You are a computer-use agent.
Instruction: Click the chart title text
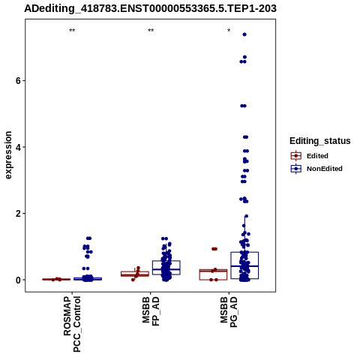point(150,8)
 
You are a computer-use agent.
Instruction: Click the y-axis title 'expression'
point(8,155)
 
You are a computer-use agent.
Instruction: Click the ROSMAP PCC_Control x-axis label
point(72,324)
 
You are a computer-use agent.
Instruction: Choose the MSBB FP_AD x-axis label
point(151,311)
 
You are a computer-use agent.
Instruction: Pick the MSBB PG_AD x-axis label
point(229,312)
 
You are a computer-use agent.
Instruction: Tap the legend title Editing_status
point(319,141)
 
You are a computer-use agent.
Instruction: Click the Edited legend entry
point(310,156)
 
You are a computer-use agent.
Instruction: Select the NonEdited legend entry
point(316,169)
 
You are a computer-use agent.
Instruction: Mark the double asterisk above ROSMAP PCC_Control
point(72,31)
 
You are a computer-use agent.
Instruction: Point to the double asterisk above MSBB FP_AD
point(151,31)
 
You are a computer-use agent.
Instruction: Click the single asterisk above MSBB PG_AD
point(229,31)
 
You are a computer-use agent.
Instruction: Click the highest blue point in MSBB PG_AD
point(244,34)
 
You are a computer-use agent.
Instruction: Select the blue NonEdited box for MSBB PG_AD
point(244,252)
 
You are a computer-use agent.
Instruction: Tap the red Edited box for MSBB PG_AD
point(213,269)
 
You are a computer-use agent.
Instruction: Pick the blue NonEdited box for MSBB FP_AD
point(166,261)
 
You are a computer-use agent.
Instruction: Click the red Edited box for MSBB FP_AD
point(135,271)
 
